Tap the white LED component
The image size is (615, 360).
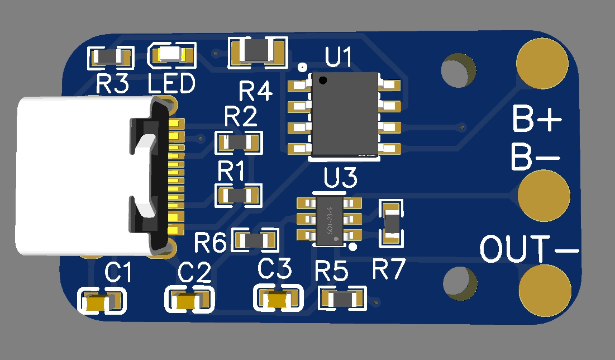pos(171,55)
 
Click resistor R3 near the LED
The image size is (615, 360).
pos(111,56)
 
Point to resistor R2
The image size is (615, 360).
pos(239,142)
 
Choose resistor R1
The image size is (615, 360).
pos(239,195)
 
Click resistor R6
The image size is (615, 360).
pos(255,240)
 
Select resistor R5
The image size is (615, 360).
pos(342,298)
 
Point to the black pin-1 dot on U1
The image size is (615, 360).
pos(322,80)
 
